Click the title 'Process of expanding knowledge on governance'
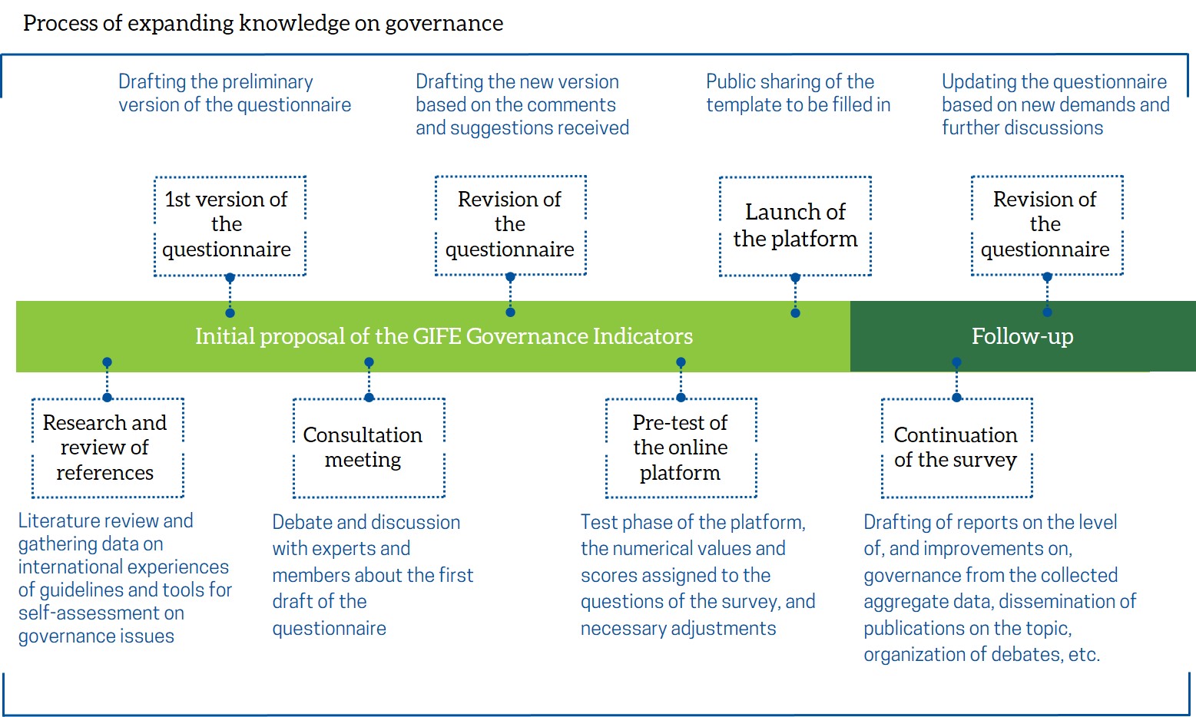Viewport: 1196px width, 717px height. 263,24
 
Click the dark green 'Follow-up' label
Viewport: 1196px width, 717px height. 1022,337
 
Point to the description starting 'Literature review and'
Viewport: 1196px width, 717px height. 125,578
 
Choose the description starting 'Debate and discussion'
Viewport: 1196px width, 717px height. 373,575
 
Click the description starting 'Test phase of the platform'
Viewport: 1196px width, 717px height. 697,575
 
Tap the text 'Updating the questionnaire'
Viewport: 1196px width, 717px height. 1054,81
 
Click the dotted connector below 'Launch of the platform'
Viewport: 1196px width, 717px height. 796,295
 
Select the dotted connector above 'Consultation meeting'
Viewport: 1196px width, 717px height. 369,380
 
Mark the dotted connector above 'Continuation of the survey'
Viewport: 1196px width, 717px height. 957,380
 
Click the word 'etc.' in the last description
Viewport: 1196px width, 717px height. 1084,655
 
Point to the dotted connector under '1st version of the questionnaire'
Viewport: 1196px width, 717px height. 230,295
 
